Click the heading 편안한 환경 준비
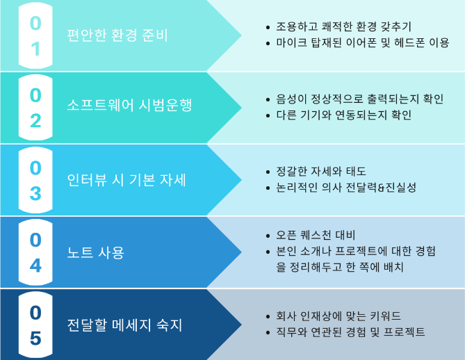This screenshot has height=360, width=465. pos(117,35)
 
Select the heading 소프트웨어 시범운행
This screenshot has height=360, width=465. pos(129,105)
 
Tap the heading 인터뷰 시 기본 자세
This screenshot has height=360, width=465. pos(127,180)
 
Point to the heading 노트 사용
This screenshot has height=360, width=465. pos(95,252)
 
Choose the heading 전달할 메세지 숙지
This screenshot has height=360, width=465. pos(124,325)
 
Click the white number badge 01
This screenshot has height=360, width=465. pos(35,35)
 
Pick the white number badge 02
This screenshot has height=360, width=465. pos(35,108)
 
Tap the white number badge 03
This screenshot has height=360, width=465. pos(35,180)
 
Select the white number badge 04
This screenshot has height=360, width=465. pos(35,252)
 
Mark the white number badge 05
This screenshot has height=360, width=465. pos(35,325)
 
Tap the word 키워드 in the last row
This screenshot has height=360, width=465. pos(386,316)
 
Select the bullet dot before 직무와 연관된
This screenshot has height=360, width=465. pos(268,332)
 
